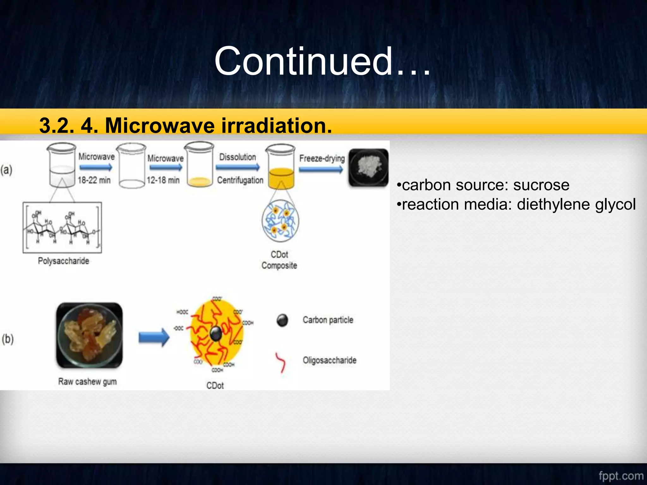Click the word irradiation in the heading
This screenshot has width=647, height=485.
point(276,125)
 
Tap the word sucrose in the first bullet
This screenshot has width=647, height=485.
point(541,185)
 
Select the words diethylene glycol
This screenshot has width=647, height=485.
point(576,205)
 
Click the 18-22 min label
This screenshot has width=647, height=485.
point(94,180)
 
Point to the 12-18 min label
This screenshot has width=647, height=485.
point(163,180)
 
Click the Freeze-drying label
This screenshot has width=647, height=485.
point(322,158)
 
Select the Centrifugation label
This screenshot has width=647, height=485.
point(240,180)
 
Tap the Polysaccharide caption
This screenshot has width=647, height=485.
point(63,261)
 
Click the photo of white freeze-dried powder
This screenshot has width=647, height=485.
point(368,168)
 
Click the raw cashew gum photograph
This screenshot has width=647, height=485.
point(89,335)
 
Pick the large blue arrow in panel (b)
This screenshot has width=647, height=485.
point(154,338)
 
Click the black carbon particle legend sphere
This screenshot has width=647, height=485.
point(282,320)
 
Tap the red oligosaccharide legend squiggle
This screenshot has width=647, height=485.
point(281,362)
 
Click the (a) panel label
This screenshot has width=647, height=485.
point(6,170)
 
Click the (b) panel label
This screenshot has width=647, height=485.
point(8,339)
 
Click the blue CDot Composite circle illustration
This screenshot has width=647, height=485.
point(280,221)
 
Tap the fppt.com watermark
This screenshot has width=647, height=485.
point(620,476)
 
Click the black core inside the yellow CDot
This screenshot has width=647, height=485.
point(216,334)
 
